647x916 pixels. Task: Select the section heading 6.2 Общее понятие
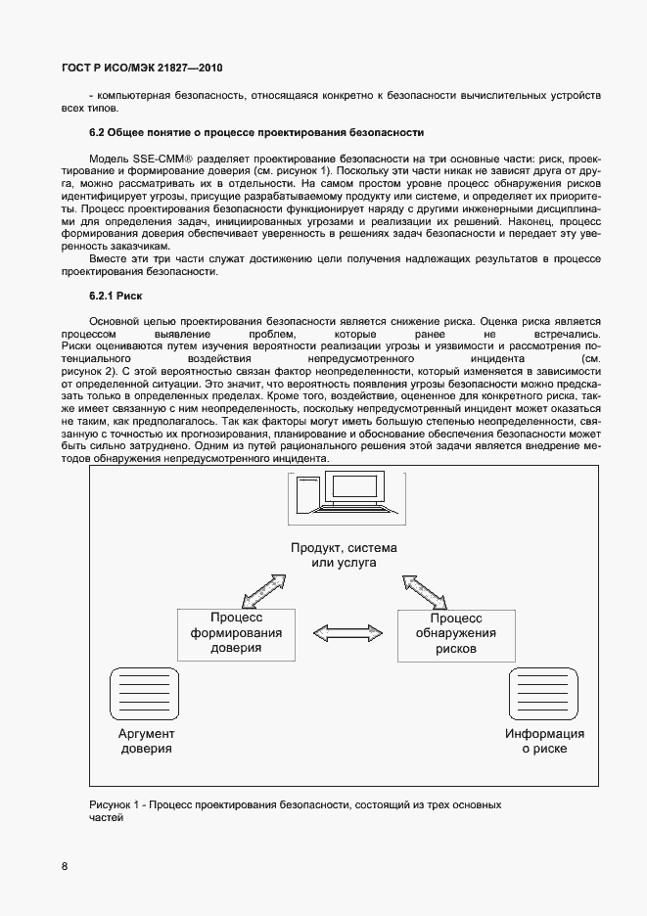click(256, 131)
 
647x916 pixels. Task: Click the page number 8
click(65, 866)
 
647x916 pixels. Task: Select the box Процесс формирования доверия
click(236, 632)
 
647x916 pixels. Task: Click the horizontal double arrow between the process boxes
click(346, 632)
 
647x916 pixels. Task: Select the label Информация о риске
click(544, 741)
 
